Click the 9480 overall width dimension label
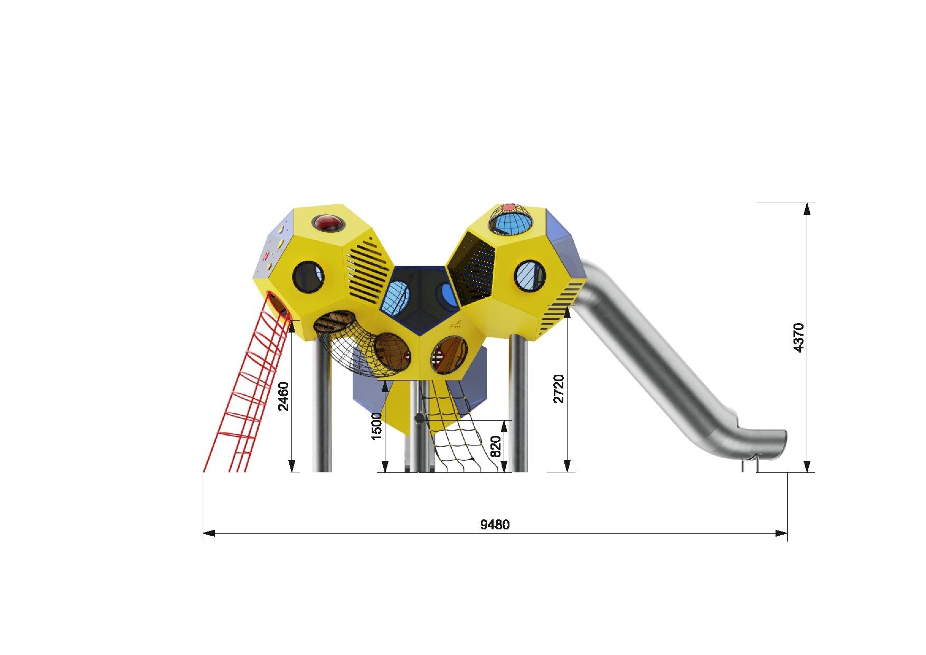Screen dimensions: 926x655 point(495,525)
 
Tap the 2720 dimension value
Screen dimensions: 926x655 point(559,388)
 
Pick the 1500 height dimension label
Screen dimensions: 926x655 point(376,426)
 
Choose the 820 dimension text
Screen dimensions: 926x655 point(496,447)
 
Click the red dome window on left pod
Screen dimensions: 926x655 point(328,223)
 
